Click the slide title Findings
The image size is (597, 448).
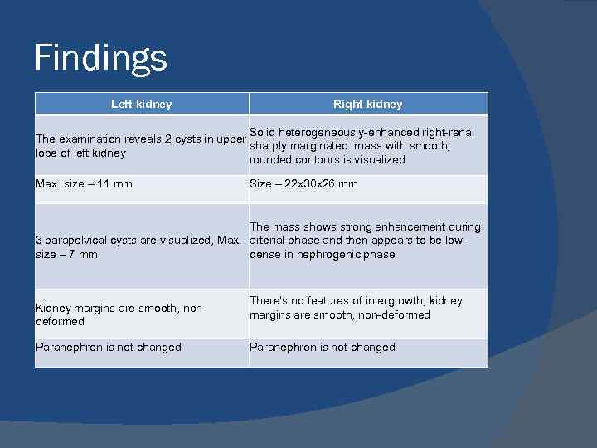tap(100, 58)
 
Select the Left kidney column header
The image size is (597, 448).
tap(142, 104)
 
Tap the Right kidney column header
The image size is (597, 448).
tap(367, 104)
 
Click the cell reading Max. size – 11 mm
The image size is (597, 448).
tap(84, 183)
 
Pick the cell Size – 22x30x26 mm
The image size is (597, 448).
tap(303, 183)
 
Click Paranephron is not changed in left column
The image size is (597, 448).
tap(108, 348)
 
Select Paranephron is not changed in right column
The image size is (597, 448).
tap(323, 348)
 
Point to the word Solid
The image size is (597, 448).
tap(263, 132)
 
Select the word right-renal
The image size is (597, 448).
tap(445, 132)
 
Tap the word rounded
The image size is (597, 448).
tap(270, 160)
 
